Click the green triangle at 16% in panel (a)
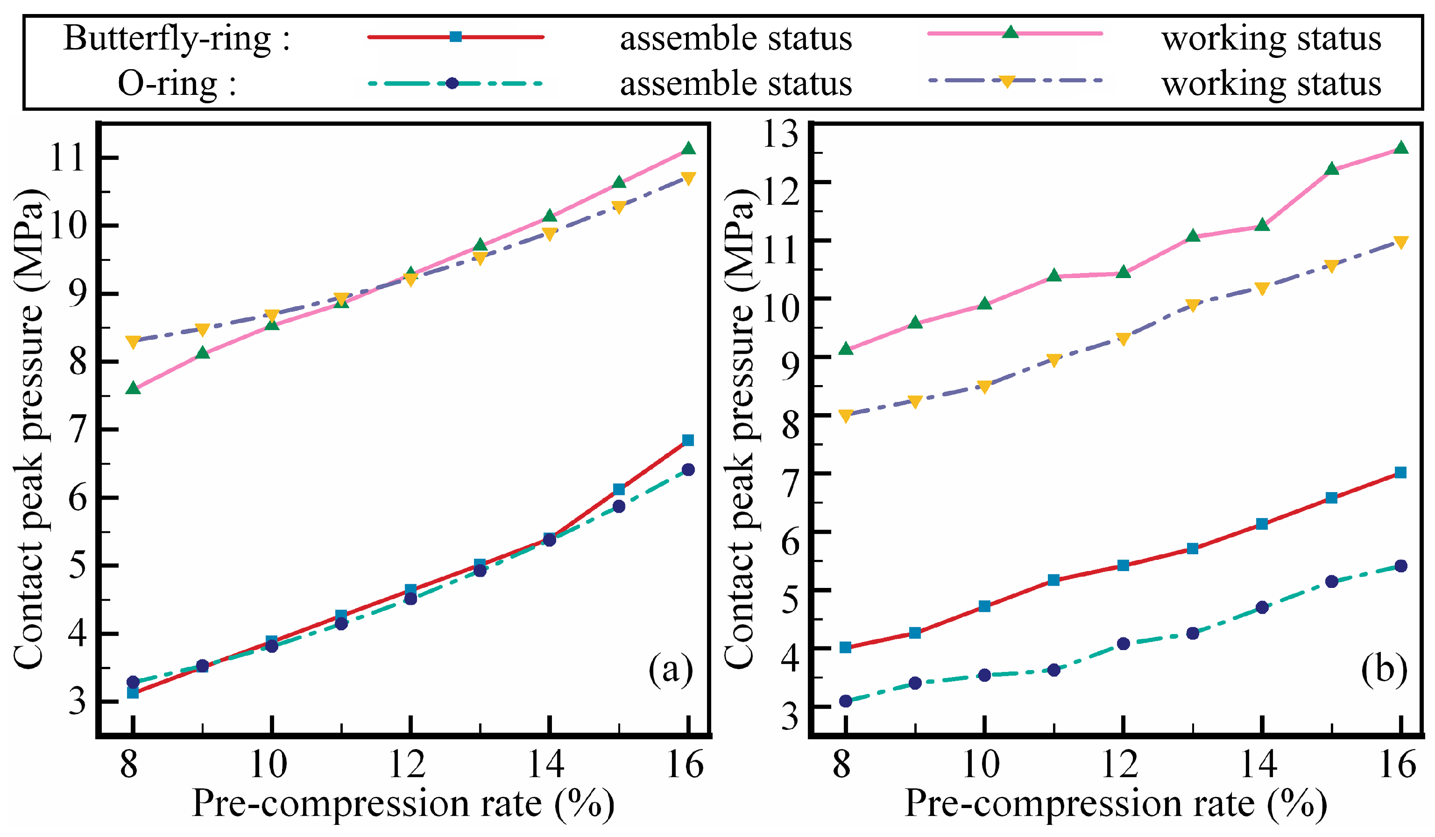[688, 149]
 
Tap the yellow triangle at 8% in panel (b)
[846, 416]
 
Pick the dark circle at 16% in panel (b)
[1401, 566]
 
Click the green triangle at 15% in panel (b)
[1331, 169]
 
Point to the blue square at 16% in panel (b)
[1401, 472]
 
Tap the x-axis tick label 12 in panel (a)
[408, 764]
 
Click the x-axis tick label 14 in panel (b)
[1259, 764]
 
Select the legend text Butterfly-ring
[177, 39]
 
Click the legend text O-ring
[177, 84]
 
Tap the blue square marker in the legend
[456, 37]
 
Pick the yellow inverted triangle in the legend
[1007, 81]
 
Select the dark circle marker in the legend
[452, 83]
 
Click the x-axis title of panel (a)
[403, 804]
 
